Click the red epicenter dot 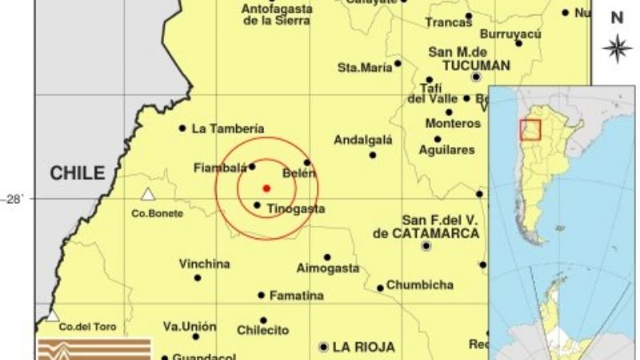tap(266, 188)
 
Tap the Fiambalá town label tap(219, 168)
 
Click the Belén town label tap(299, 174)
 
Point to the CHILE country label tap(78, 173)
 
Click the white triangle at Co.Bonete tap(148, 194)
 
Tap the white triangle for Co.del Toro tap(53, 316)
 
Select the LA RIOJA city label tap(364, 347)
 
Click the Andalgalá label tap(362, 140)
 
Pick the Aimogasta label tap(327, 268)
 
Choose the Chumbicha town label tap(419, 285)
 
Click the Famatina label tap(296, 295)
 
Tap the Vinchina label tap(205, 264)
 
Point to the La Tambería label tap(228, 128)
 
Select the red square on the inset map tap(530, 130)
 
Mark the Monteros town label tap(450, 124)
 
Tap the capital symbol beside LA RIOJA tap(323, 347)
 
